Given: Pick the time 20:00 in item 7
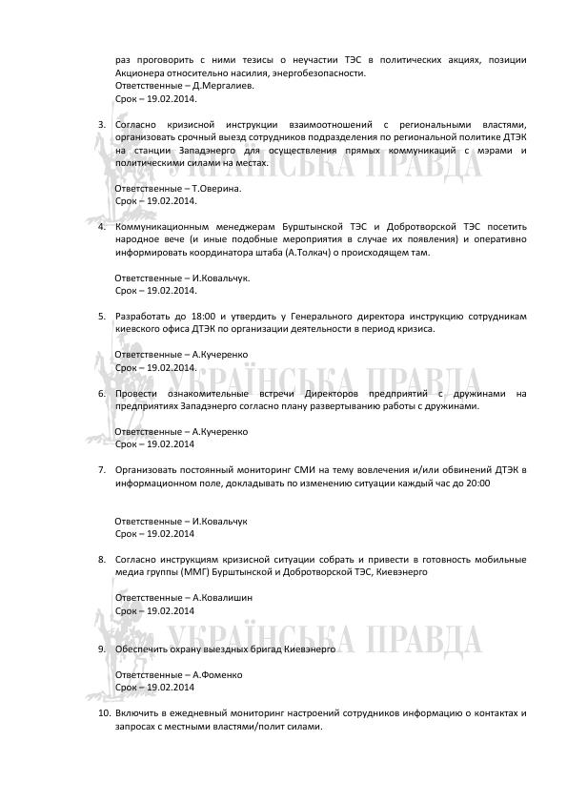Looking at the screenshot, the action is click(x=478, y=484).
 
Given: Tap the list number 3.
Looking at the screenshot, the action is click(x=103, y=124).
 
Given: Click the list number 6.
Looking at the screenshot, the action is click(x=103, y=393).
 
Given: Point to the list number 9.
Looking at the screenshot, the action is click(x=103, y=649).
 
